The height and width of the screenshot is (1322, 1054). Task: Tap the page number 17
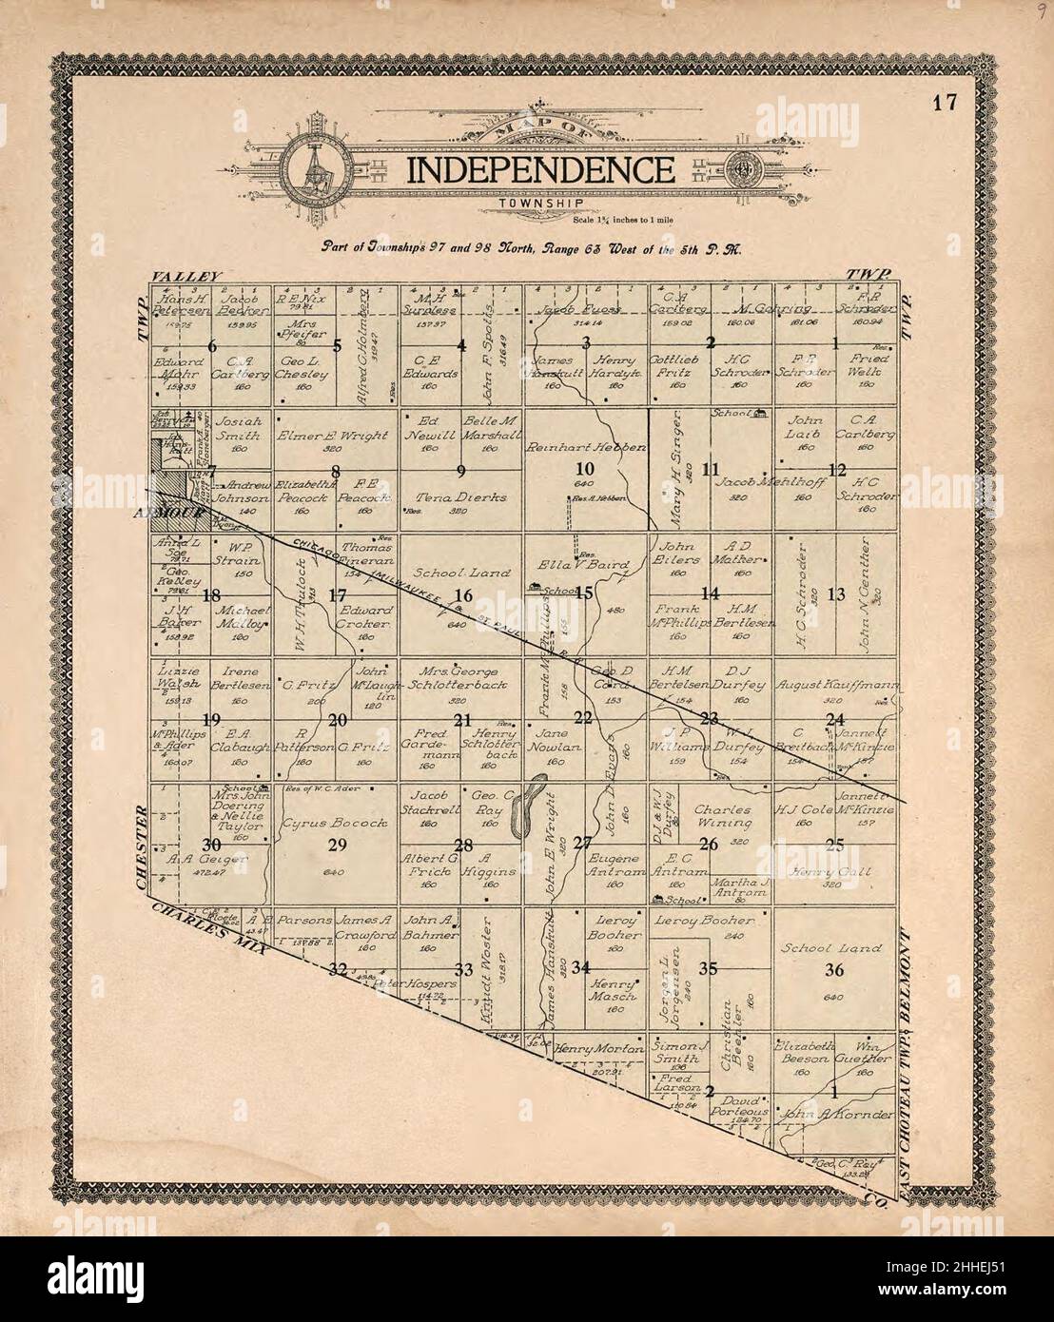[x=944, y=104]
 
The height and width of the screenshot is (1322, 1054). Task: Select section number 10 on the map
[x=585, y=468]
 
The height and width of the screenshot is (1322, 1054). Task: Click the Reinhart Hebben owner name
[x=586, y=446]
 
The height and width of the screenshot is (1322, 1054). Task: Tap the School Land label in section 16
[x=450, y=574]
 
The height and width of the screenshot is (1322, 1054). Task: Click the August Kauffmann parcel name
[x=825, y=684]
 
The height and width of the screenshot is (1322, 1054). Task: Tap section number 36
[x=834, y=970]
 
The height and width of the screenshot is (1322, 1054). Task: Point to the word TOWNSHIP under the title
[x=539, y=204]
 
